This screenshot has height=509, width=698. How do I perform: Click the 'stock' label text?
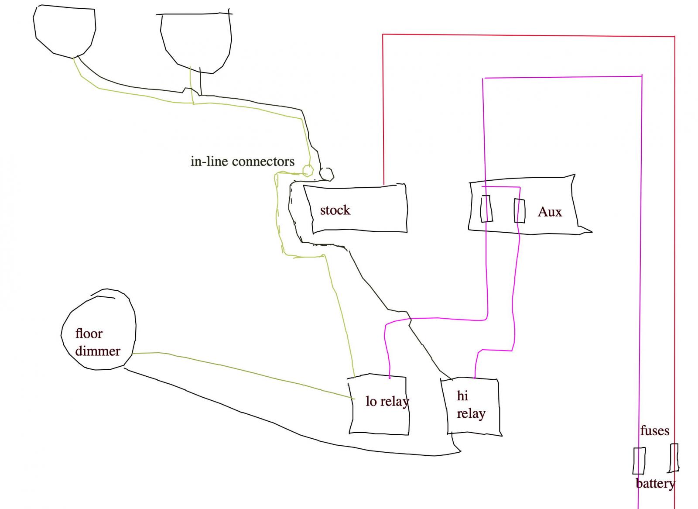tap(335, 210)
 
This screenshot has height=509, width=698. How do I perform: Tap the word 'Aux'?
tap(550, 212)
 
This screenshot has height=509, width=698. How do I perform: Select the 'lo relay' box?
tap(380, 404)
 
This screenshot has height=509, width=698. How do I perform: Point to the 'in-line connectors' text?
tap(243, 162)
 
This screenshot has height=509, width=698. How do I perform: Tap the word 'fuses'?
tap(654, 431)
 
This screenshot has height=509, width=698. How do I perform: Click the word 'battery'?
tap(655, 484)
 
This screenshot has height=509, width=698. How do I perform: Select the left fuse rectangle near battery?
tap(639, 461)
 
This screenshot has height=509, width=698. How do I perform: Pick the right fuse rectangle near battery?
tap(674, 458)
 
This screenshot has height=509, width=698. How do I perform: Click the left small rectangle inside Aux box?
tap(486, 209)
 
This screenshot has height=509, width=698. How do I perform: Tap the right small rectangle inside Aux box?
tap(519, 210)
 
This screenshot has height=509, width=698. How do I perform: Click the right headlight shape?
tap(195, 41)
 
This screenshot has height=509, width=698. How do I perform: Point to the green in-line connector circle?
tap(308, 170)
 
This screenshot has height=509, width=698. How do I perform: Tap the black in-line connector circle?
tap(327, 174)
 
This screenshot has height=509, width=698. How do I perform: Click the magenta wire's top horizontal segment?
tap(563, 77)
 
